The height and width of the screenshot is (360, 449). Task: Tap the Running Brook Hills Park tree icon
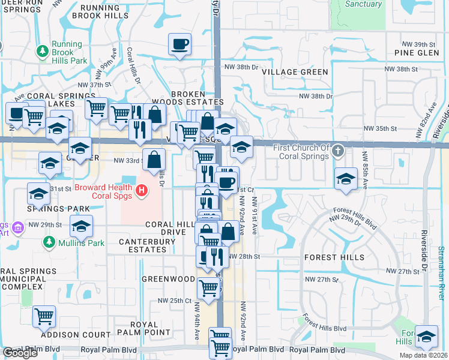[x=43, y=52]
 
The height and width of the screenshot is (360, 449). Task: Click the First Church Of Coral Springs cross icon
[x=339, y=152]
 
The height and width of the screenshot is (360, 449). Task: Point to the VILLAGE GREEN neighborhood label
[x=295, y=72]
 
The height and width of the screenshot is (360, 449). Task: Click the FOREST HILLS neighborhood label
[x=334, y=257]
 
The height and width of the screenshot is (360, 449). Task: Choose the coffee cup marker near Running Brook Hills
[x=180, y=44]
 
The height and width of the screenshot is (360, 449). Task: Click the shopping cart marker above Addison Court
[x=44, y=316]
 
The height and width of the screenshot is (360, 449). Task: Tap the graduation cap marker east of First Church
[x=346, y=179]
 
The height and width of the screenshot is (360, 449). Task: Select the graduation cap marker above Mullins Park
[x=81, y=226]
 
